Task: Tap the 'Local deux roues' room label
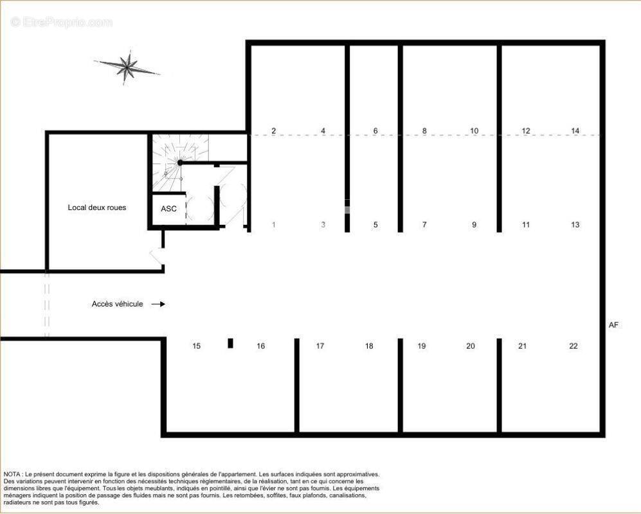coord(97,208)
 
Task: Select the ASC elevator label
coord(169,209)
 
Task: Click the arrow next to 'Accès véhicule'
coord(158,304)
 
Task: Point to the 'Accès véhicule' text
coord(117,304)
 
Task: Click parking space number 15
coord(197,346)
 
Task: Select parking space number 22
coord(573,346)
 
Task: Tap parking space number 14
coord(575,130)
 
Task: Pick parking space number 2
coord(273,130)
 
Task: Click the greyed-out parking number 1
coord(273,225)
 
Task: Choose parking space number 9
coord(474,225)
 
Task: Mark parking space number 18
coord(369,346)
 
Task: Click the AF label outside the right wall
coord(613,325)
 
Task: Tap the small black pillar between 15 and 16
coord(231,343)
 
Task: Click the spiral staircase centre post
coord(180,163)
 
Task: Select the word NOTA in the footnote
coord(12,474)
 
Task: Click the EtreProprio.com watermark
coord(62,22)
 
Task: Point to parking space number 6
coord(375,130)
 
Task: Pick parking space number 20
coord(471,346)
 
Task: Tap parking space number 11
coord(526,225)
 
